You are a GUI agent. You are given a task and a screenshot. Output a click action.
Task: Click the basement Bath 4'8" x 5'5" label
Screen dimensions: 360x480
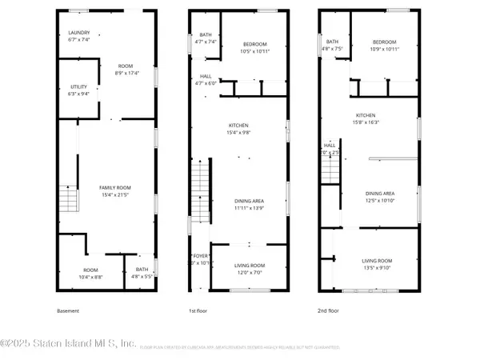click(142, 272)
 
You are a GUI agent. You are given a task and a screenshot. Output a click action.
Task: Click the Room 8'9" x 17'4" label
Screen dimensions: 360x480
click(126, 70)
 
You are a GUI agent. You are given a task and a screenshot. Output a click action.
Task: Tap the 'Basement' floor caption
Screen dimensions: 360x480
click(68, 310)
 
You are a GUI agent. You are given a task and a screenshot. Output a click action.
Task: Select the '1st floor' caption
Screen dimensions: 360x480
click(198, 310)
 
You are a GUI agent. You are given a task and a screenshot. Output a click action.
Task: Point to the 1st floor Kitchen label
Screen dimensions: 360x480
click(238, 129)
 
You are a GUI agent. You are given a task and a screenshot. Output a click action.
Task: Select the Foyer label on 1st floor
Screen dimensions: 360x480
click(199, 259)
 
